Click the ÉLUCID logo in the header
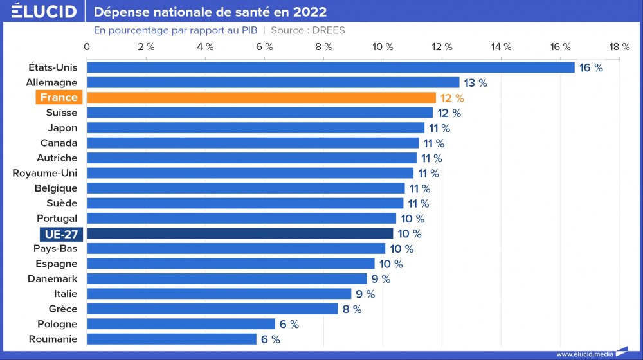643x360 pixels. [44, 12]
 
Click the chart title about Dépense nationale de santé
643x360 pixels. [210, 12]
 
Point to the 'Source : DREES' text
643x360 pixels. [308, 30]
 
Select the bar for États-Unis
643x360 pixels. [331, 67]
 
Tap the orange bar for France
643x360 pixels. [261, 98]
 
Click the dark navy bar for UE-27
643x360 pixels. [240, 233]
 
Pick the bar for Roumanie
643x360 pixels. [172, 339]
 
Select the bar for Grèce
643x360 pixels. [212, 309]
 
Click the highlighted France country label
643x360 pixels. [59, 98]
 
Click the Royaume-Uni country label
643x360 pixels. [45, 173]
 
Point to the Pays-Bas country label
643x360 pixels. [55, 248]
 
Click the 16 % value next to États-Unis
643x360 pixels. [591, 67]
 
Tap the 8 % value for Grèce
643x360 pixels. [352, 309]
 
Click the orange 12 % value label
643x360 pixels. [451, 98]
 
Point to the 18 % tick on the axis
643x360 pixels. [619, 46]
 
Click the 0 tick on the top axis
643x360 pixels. [87, 46]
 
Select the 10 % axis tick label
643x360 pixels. [383, 46]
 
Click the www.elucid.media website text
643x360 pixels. [584, 354]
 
